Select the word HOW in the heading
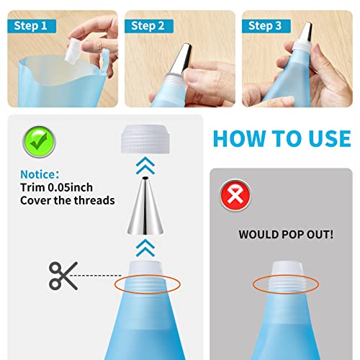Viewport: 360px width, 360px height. (245, 137)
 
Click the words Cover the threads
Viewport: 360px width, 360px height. (67, 200)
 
